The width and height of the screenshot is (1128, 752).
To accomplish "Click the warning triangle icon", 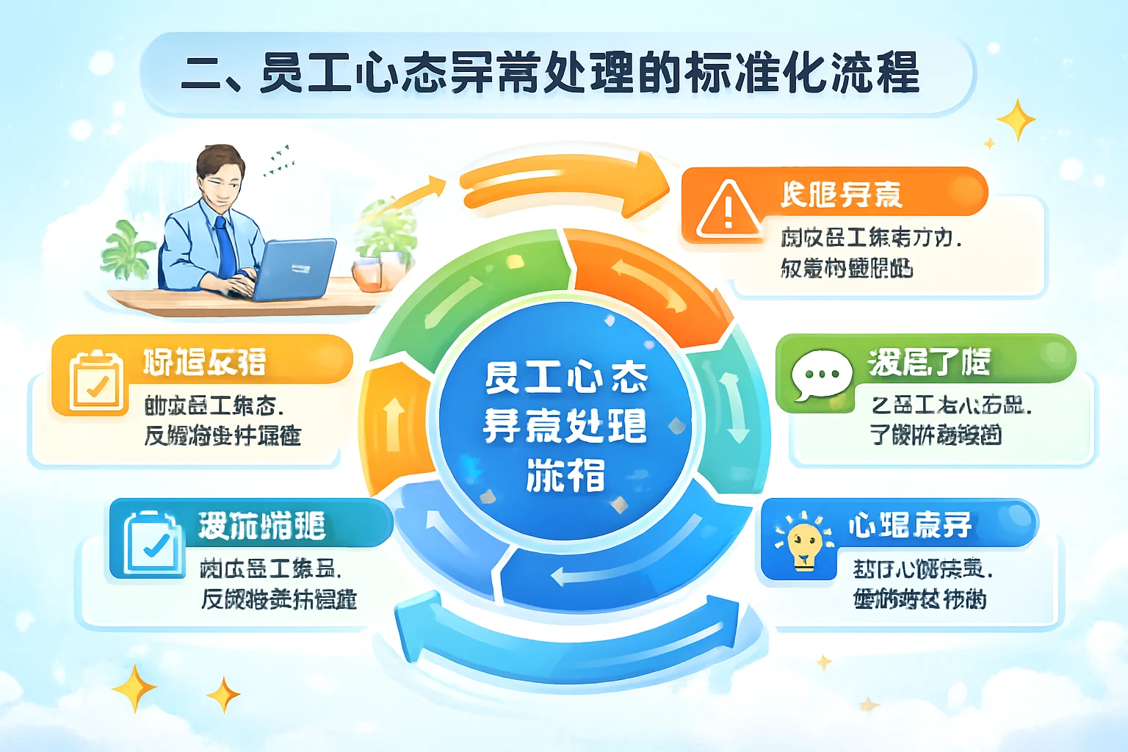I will click(728, 211).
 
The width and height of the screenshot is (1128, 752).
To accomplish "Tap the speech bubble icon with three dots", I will click(821, 375).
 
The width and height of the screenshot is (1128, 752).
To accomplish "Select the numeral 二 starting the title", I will click(202, 75).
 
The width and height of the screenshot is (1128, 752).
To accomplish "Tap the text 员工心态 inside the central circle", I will click(565, 377).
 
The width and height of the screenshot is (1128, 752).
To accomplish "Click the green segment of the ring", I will click(470, 294).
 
